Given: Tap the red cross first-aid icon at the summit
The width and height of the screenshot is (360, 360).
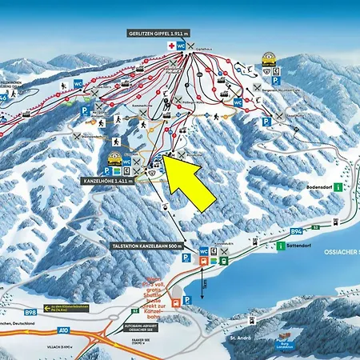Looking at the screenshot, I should pos(170,46).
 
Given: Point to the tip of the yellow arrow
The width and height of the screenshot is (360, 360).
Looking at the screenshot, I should pos(164,161).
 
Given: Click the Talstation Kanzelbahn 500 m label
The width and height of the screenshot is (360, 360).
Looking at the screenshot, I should pos(149,246).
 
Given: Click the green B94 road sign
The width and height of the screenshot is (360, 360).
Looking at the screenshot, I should pos(296,231).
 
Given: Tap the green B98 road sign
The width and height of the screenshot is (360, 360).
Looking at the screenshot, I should pos(30,312).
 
